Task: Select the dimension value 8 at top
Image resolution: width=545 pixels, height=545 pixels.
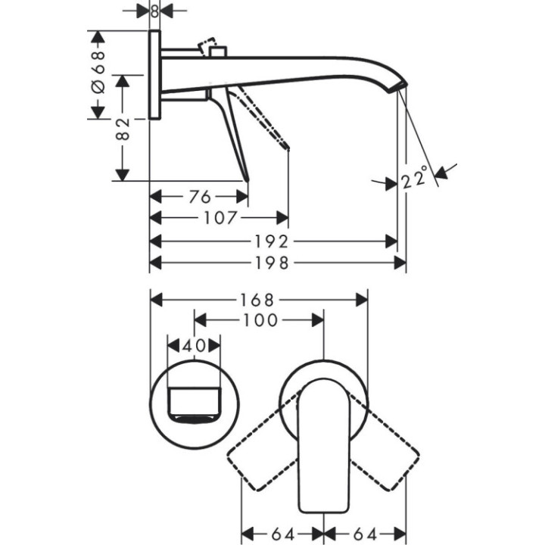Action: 154,11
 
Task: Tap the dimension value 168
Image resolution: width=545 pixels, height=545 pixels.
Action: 260,300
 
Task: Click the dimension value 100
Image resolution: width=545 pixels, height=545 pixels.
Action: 260,320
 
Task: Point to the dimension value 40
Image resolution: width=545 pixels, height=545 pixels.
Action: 195,345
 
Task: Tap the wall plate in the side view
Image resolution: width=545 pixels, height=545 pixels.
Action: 154,75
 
